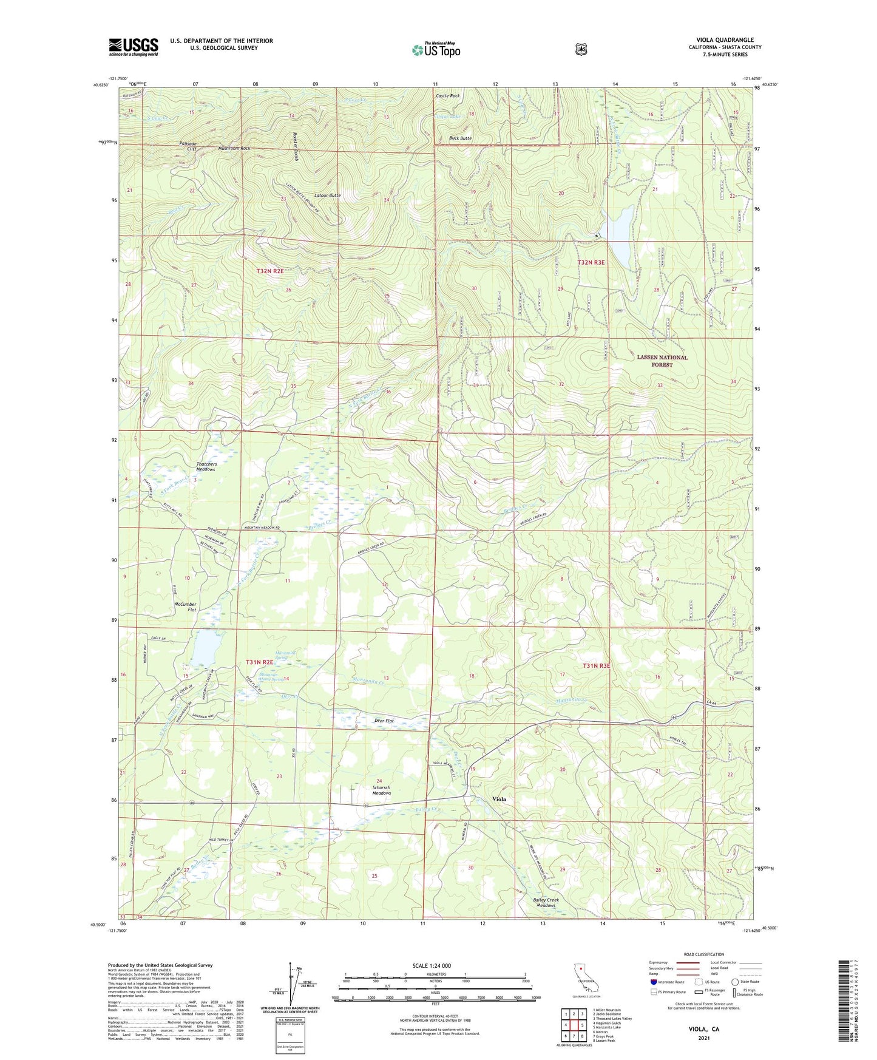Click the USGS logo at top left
click(x=134, y=47)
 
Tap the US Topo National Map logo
click(x=435, y=50)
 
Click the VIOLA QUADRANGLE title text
click(x=725, y=40)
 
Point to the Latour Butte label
click(x=327, y=195)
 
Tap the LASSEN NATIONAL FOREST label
click(x=662, y=361)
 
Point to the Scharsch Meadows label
click(x=381, y=790)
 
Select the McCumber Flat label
click(x=185, y=606)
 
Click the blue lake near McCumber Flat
click(x=205, y=647)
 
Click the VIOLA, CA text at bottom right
click(x=703, y=1029)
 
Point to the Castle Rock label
click(x=447, y=96)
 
